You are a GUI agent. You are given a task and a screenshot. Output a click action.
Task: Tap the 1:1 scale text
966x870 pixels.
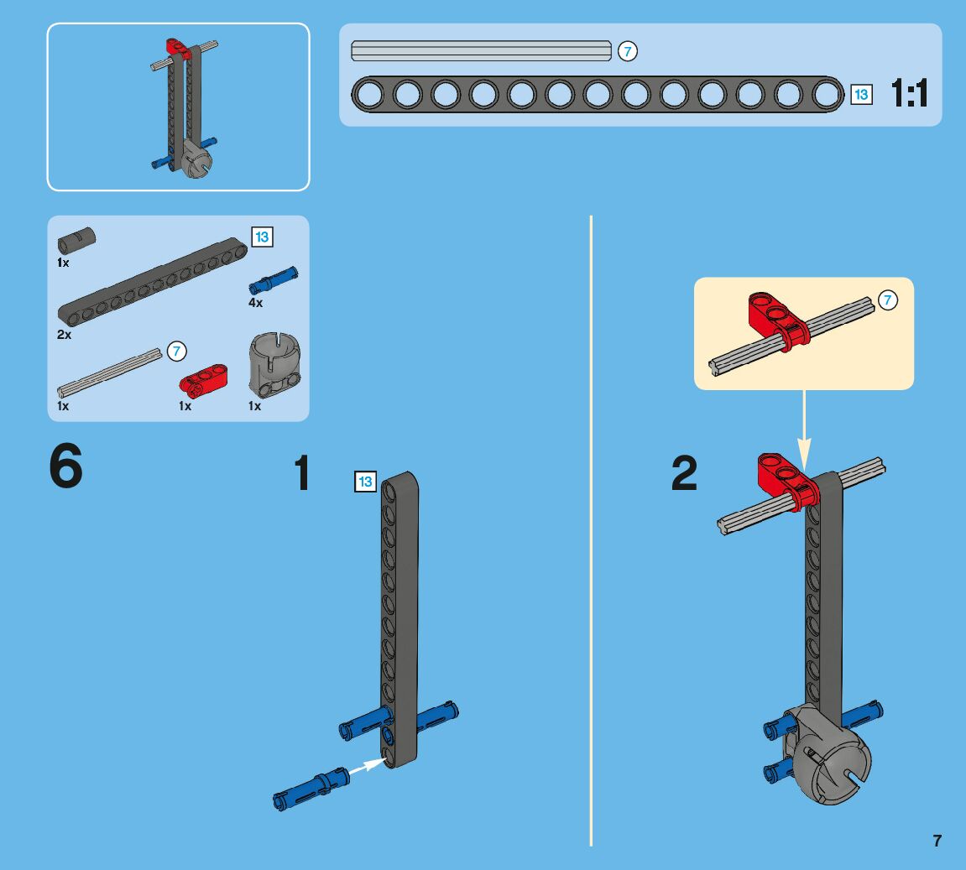(x=909, y=94)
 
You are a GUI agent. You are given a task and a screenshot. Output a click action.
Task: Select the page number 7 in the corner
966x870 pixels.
(x=937, y=841)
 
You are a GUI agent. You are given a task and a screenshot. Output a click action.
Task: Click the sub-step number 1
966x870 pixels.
(x=302, y=473)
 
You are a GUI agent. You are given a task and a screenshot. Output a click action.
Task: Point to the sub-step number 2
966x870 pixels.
(x=684, y=473)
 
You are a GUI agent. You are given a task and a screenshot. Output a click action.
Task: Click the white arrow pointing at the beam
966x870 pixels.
(x=367, y=765)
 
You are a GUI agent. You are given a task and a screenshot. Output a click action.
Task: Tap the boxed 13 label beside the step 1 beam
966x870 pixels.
(x=365, y=482)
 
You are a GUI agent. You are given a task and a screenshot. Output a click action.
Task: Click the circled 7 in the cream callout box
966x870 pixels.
(x=887, y=300)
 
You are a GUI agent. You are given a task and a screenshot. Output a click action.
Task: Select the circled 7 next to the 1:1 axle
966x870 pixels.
(x=627, y=51)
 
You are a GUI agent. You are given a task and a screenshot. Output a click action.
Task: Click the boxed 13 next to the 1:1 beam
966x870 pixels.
(x=861, y=94)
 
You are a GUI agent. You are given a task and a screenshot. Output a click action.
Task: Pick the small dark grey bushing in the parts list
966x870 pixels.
(x=76, y=240)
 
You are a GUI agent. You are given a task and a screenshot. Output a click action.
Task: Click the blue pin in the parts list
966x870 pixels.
(x=273, y=281)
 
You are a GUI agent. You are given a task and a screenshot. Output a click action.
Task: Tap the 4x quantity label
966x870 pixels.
(x=256, y=303)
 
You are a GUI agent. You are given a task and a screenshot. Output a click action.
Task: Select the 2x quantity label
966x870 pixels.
(x=64, y=335)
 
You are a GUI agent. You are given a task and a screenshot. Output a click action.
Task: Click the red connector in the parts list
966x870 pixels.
(x=203, y=380)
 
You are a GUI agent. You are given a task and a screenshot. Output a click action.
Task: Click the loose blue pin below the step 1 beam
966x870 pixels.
(x=311, y=789)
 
